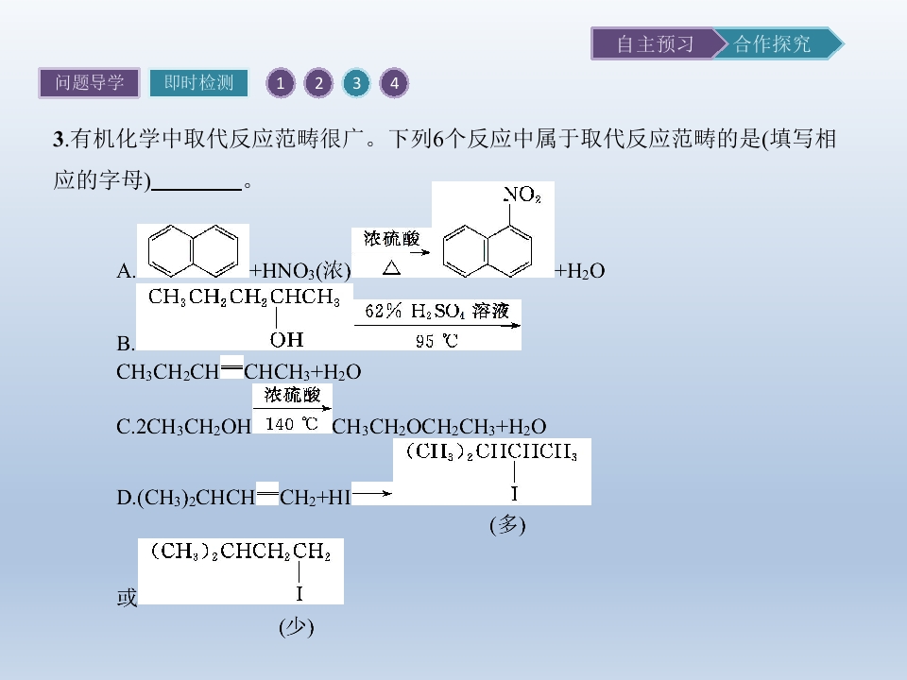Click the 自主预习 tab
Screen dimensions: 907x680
655,44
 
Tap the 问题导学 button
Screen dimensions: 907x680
89,83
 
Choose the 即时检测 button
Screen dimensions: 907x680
198,83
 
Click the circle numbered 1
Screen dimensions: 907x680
281,83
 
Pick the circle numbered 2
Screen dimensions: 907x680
318,83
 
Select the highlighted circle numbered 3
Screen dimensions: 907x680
356,83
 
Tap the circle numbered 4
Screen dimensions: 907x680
394,83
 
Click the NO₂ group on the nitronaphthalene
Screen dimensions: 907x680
522,195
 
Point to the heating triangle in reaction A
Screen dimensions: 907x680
391,267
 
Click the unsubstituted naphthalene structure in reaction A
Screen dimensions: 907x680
193,251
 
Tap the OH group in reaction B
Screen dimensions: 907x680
287,339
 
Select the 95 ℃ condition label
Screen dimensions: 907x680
436,341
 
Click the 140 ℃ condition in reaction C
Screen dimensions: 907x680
292,424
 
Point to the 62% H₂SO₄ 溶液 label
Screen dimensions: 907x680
436,311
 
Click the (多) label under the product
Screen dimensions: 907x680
507,525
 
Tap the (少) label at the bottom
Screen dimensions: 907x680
296,627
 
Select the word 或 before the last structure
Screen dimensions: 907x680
127,597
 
